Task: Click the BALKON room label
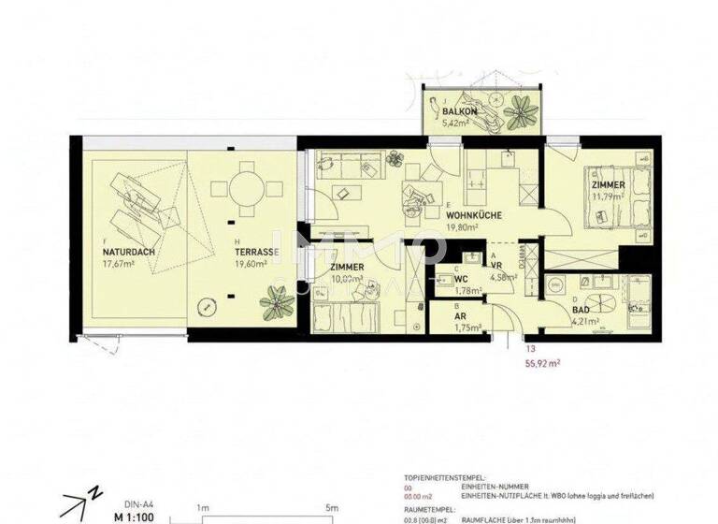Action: click(x=461, y=111)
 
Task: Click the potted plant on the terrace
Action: click(x=277, y=301)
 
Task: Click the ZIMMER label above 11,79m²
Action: click(x=608, y=186)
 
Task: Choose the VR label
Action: click(x=497, y=266)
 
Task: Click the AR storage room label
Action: click(x=461, y=316)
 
